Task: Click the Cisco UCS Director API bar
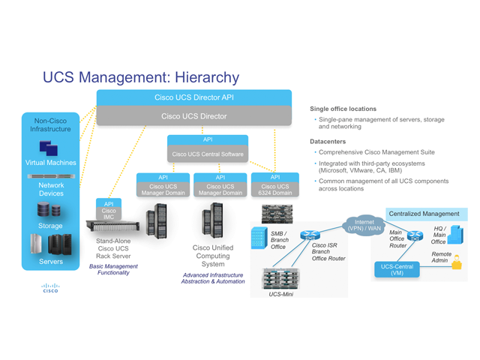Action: (193, 97)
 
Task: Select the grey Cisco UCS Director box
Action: (193, 116)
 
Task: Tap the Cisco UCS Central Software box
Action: (207, 154)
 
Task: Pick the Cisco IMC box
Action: (109, 214)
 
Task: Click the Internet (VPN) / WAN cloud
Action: (364, 224)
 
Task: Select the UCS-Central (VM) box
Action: (397, 269)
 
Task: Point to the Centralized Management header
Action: (424, 214)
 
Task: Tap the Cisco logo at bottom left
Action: (49, 289)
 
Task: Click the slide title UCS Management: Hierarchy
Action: (141, 77)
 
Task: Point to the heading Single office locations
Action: (343, 109)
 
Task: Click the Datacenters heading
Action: (328, 140)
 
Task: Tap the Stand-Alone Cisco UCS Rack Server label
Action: (113, 249)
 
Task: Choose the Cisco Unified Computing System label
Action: (213, 255)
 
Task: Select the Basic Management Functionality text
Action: (113, 269)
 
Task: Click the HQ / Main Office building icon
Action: (455, 235)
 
